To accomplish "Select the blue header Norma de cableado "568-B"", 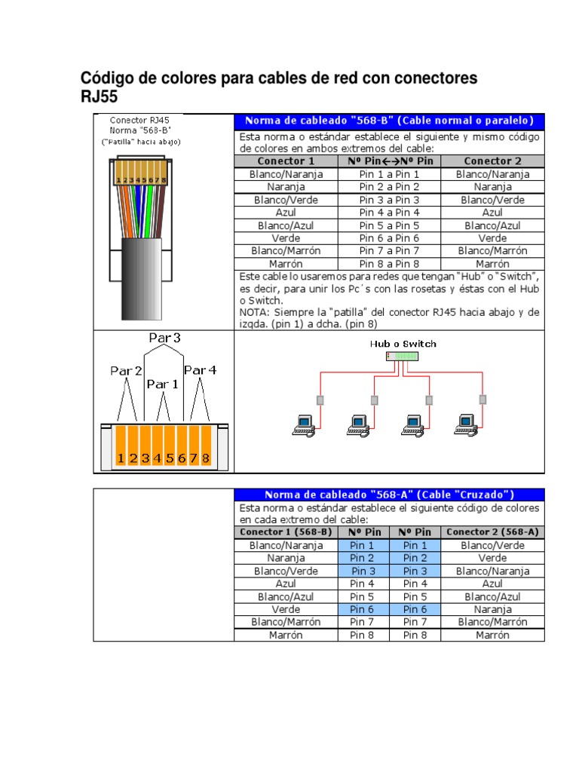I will tap(388, 121).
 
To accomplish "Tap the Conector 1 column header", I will tap(286, 161).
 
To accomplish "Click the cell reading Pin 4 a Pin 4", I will tap(389, 213).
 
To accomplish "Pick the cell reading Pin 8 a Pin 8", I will tap(389, 264).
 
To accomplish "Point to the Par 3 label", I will tap(164, 339).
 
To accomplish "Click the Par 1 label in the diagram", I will tap(163, 384).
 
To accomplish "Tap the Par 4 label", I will tap(200, 369).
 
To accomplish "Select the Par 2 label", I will tap(126, 370).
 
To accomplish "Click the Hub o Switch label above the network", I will tap(403, 344).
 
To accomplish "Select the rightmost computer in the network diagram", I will tap(465, 425).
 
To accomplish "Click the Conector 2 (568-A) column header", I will tap(492, 532).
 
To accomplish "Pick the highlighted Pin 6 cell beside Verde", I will tap(362, 609).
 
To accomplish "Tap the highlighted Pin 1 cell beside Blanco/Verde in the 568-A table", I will tap(415, 545).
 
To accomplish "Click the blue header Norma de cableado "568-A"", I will tap(388, 495).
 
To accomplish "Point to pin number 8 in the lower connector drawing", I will tap(205, 458).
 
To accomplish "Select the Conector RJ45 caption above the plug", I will tap(139, 119).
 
